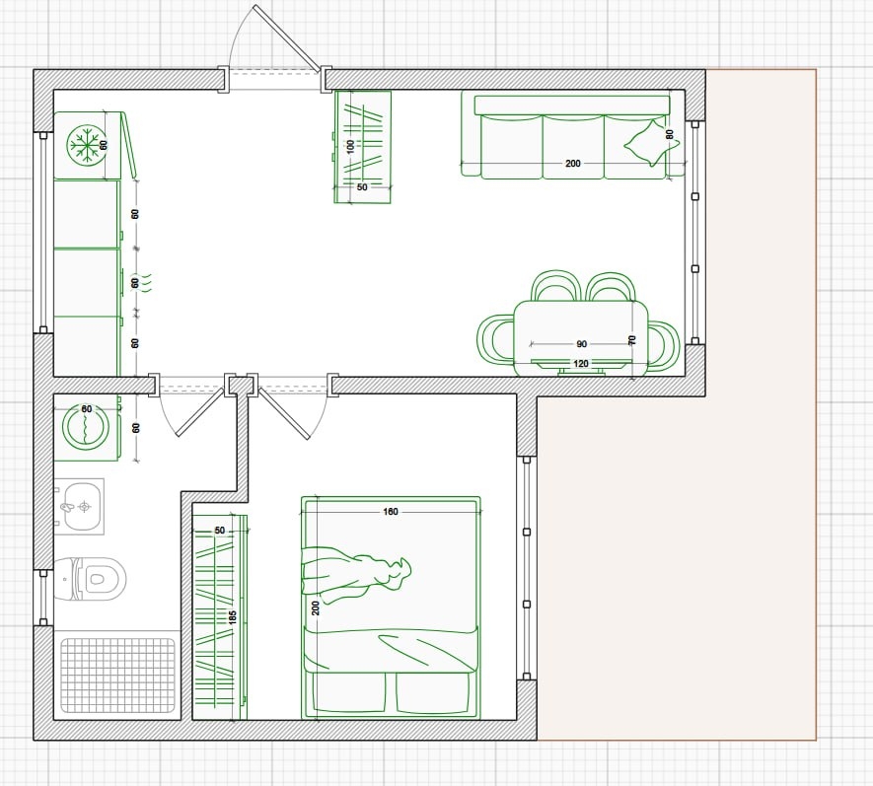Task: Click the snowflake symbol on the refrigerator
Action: pyautogui.click(x=86, y=145)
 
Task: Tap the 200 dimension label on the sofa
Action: pyautogui.click(x=573, y=163)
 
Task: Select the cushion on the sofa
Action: pyautogui.click(x=651, y=143)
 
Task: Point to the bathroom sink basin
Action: pyautogui.click(x=84, y=507)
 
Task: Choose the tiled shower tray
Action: pyautogui.click(x=117, y=676)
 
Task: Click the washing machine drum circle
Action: pyautogui.click(x=85, y=427)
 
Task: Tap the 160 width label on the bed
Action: pyautogui.click(x=391, y=512)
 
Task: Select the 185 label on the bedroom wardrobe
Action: pyautogui.click(x=233, y=616)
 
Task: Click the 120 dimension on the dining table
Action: pyautogui.click(x=581, y=364)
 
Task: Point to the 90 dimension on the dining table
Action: pyautogui.click(x=581, y=344)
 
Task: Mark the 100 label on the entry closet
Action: pyautogui.click(x=350, y=146)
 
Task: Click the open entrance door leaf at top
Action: pyautogui.click(x=287, y=37)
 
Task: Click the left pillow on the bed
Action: pyautogui.click(x=349, y=692)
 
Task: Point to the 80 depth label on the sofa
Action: pyautogui.click(x=669, y=134)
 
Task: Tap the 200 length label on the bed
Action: pyautogui.click(x=316, y=607)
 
